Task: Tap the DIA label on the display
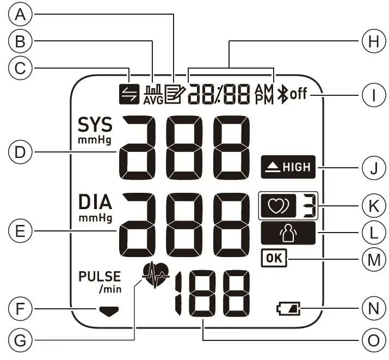94,203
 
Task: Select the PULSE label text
98,276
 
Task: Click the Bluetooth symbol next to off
282,95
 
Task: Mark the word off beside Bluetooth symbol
298,95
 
